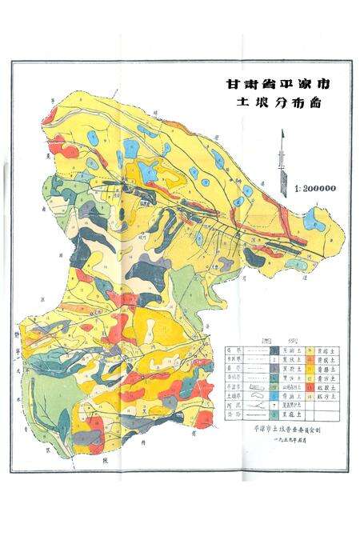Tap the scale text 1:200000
pyautogui.click(x=315, y=190)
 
